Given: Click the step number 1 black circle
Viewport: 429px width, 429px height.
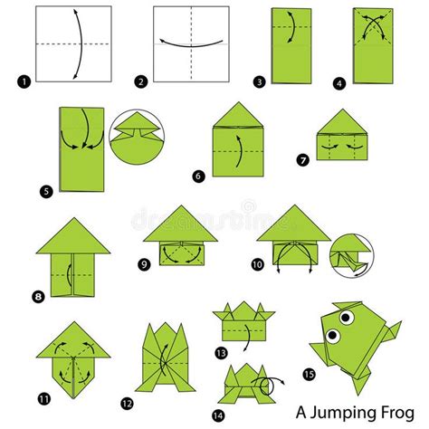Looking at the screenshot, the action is [x=24, y=82].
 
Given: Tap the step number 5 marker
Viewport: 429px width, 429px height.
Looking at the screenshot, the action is [x=46, y=192].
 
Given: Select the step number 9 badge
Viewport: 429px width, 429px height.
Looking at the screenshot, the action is [x=144, y=264].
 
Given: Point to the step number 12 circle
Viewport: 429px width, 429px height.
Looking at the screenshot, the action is [x=127, y=404].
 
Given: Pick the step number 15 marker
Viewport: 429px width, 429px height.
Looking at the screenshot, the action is [x=309, y=375].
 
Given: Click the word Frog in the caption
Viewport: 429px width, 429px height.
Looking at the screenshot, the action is [x=398, y=412].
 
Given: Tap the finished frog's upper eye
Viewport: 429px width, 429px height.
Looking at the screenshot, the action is [x=347, y=317].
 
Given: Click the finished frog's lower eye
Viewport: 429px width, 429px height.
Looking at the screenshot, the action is [x=333, y=335].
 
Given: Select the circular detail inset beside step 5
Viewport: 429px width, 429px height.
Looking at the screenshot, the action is [x=137, y=137].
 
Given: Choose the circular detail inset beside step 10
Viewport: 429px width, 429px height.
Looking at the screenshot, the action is [x=352, y=255].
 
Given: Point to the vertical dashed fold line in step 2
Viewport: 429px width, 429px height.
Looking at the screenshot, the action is [x=191, y=44].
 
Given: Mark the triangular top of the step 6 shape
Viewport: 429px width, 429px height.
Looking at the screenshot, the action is [x=238, y=115].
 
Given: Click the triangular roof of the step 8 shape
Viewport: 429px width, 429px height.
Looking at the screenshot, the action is [x=73, y=237].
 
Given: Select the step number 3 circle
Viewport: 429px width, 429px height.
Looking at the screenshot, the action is [x=260, y=81].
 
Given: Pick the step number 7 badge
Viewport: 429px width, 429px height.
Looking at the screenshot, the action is [x=303, y=159].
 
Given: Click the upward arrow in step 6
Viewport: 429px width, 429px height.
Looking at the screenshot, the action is [x=240, y=151].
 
